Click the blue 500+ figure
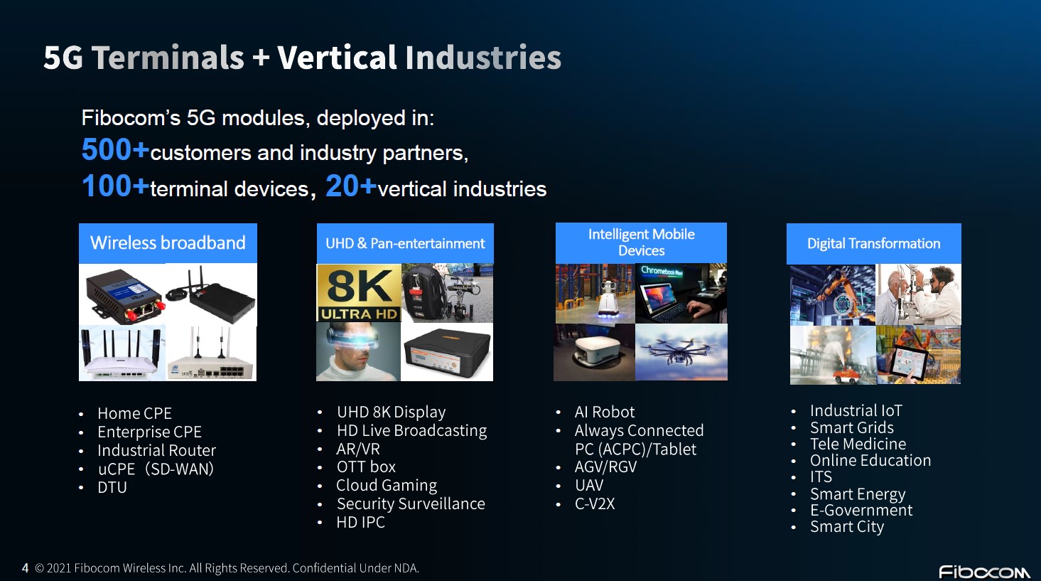tap(115, 150)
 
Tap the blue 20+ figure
tap(351, 186)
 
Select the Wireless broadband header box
tap(168, 243)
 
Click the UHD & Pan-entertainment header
tap(405, 243)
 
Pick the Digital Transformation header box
tap(874, 244)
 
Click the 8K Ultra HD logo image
tap(359, 293)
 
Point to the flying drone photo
tap(681, 352)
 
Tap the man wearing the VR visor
tap(358, 352)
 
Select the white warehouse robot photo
tap(595, 294)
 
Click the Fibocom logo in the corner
tap(984, 572)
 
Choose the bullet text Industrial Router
tap(156, 450)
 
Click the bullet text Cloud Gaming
tap(387, 485)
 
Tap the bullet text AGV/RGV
tap(605, 467)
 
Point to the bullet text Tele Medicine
tap(858, 444)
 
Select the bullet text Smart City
tap(847, 526)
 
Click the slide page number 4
tap(25, 568)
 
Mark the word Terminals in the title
tap(168, 58)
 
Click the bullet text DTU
tap(112, 488)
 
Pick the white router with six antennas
tap(122, 353)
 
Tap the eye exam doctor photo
tap(918, 294)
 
